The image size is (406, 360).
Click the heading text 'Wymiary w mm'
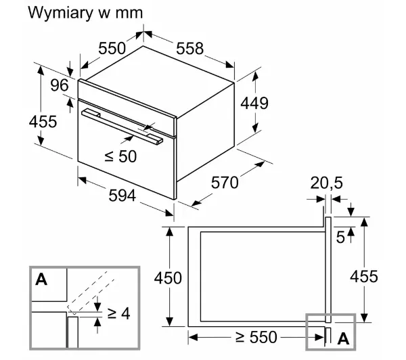85,13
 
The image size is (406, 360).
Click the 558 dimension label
189,49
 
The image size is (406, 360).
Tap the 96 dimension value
60,85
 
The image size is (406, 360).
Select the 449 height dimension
254,103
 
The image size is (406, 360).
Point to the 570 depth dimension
225,183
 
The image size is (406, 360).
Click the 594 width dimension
122,196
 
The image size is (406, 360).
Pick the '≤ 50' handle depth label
120,156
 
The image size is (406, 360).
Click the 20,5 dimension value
326,183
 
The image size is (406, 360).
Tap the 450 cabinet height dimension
168,278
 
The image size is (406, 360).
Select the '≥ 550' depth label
256,337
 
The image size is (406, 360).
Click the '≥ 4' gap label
119,313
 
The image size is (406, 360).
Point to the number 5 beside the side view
340,238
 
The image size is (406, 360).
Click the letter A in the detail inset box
41,279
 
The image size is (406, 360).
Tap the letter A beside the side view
343,338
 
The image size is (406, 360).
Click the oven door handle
122,126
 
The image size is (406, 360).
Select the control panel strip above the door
127,108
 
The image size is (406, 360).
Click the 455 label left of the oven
43,122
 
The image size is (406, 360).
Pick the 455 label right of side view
364,276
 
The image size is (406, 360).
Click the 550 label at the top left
112,49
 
